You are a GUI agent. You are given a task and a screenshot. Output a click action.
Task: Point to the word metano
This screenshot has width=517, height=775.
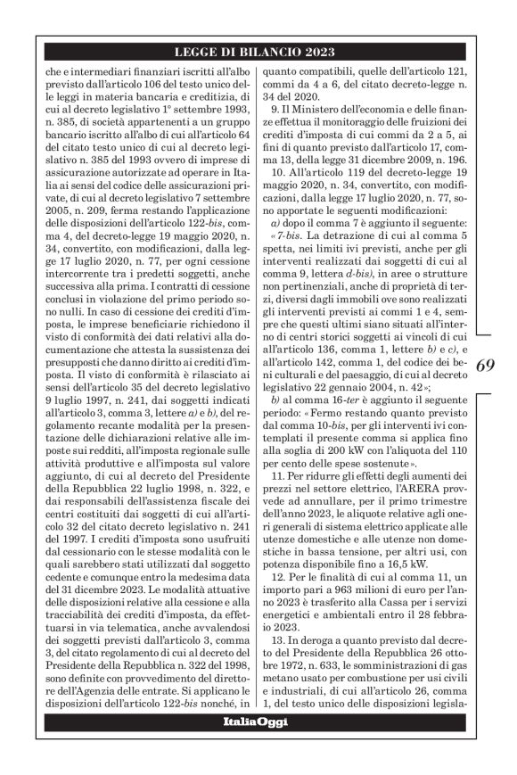[286, 690]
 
